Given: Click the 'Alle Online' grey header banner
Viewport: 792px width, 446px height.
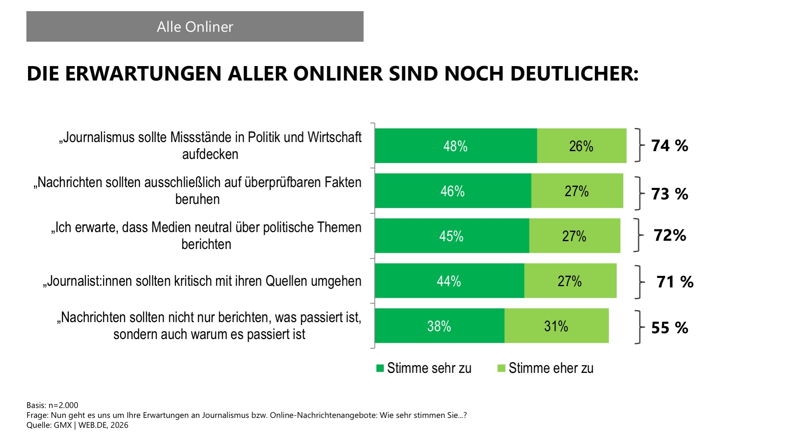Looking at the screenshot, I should click(195, 26).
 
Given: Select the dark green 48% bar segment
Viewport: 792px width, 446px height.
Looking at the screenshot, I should click(456, 146).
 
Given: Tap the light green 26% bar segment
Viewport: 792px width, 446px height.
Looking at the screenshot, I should click(581, 146).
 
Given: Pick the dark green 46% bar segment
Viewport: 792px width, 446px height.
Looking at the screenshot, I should click(453, 191).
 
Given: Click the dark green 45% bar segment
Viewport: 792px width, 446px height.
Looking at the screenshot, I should click(451, 236).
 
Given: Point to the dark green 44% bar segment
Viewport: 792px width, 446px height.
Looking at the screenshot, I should click(449, 281).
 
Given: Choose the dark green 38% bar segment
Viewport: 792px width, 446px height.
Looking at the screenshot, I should click(439, 326).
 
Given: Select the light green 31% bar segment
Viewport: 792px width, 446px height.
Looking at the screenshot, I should click(556, 326).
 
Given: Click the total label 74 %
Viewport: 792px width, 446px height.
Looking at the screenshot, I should click(669, 146).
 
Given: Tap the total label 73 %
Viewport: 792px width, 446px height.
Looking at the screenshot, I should click(669, 194).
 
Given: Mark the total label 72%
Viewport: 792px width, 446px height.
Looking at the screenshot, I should click(669, 235).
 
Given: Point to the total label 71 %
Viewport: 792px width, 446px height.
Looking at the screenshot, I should click(675, 282).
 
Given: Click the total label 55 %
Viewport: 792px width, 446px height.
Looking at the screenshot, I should click(669, 328).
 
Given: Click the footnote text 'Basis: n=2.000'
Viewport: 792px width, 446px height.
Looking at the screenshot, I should click(52, 405).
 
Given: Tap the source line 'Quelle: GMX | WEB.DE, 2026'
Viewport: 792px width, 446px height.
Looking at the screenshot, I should click(77, 425).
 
